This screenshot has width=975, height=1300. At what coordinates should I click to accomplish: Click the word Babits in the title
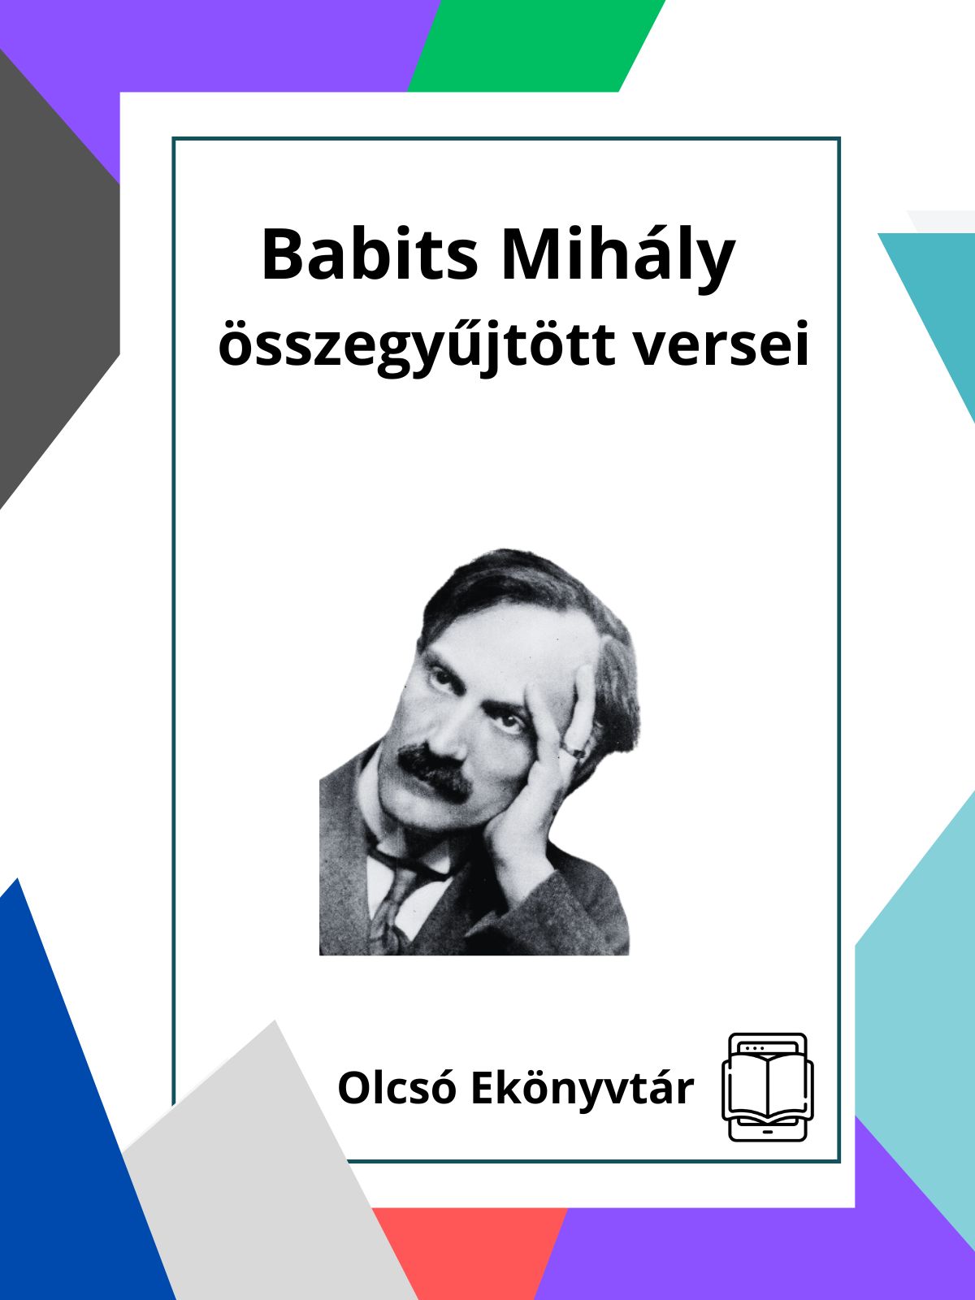point(370,254)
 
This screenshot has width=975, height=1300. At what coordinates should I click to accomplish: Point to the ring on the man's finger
point(574,752)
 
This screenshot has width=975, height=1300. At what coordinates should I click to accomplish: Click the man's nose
point(451,734)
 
